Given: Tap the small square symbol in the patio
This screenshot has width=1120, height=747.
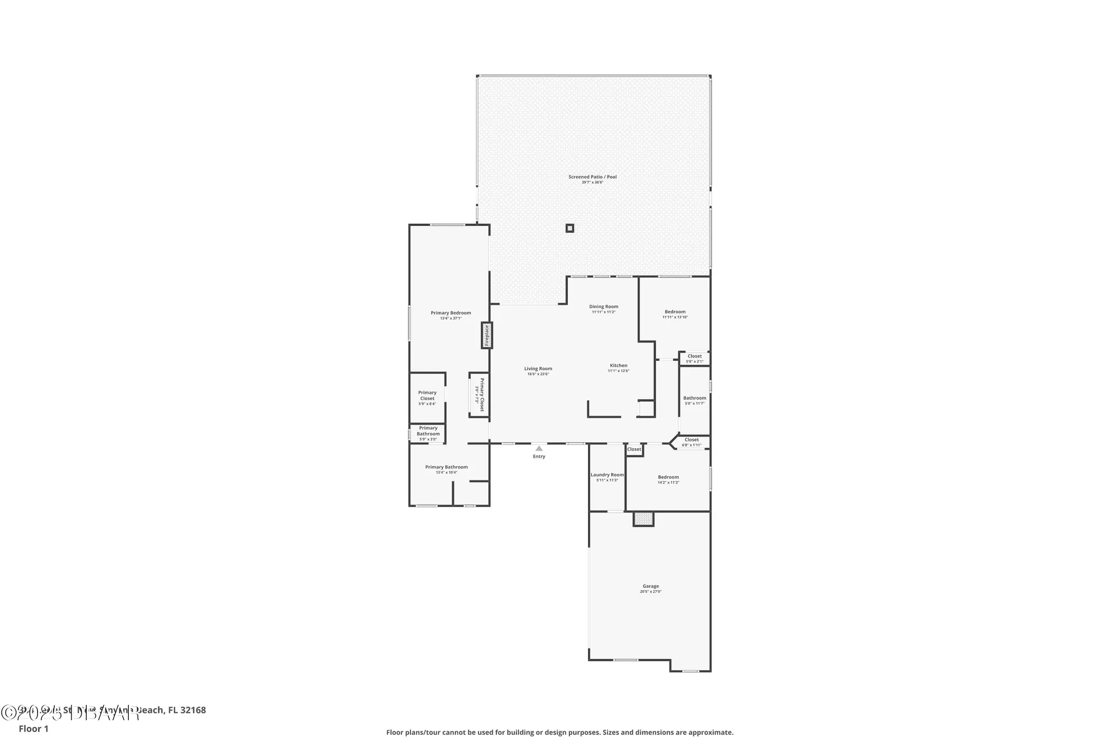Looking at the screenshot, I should click(x=570, y=228).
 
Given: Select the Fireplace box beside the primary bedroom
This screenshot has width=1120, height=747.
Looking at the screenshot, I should click(x=487, y=335).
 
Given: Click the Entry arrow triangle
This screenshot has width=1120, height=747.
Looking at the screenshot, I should click(x=539, y=448).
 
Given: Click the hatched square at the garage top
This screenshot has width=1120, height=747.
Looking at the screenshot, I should click(x=643, y=519).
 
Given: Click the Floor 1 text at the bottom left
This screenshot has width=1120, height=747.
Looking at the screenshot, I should click(x=34, y=729).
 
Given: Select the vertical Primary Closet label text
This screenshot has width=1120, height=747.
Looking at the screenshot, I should click(x=482, y=395).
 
